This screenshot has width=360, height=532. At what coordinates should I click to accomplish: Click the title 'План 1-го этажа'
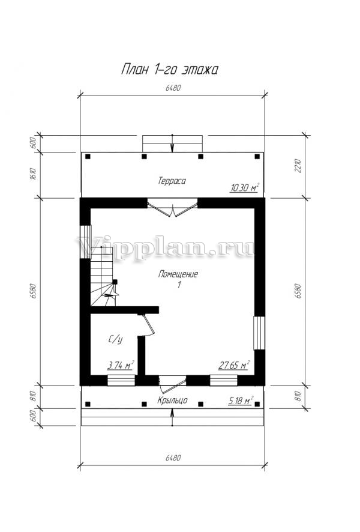click(169, 70)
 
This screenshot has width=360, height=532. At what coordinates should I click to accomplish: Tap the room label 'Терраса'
click(172, 181)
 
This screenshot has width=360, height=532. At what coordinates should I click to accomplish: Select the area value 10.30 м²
click(245, 187)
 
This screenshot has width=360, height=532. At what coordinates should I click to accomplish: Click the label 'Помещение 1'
click(178, 279)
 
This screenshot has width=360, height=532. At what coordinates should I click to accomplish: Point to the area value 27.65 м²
click(234, 365)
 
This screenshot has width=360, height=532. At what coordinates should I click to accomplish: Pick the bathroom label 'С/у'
click(115, 339)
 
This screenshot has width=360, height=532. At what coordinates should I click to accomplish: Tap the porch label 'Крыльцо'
click(172, 401)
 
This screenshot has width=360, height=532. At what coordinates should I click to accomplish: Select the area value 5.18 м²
click(241, 401)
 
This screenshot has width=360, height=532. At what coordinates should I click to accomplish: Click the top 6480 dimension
click(173, 88)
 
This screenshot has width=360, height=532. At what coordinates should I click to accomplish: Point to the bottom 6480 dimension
click(173, 458)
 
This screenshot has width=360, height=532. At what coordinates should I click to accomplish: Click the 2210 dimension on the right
click(298, 166)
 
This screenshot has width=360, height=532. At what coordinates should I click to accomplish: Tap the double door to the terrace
click(173, 207)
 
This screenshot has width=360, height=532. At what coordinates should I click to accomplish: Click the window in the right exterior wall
click(259, 333)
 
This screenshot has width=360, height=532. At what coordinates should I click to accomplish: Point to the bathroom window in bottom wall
click(121, 380)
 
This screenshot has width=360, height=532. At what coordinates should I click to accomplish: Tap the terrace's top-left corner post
click(88, 156)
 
